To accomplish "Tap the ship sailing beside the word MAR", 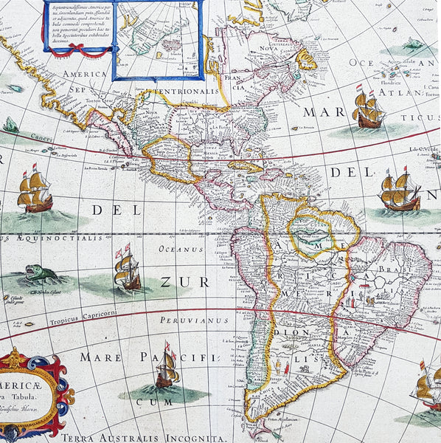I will tap(368, 109).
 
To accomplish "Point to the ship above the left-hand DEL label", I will tap(35, 191).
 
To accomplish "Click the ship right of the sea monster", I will tap(127, 268).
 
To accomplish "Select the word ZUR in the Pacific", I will tap(176, 283).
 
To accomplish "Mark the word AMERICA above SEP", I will tap(86, 75).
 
